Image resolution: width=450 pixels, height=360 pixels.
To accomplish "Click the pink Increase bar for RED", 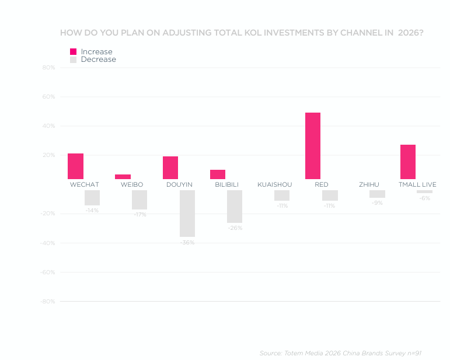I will click(313, 146).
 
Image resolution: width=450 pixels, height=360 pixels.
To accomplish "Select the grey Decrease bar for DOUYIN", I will click(187, 213).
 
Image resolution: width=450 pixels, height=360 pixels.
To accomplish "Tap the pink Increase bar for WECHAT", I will click(75, 166).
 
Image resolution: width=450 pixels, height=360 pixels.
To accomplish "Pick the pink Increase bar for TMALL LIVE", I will click(408, 162).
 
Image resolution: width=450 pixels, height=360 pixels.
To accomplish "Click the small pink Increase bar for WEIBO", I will click(123, 177).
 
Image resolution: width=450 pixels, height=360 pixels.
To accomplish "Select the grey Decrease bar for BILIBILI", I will click(235, 207).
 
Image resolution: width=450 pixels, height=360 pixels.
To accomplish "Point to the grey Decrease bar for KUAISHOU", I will click(282, 195).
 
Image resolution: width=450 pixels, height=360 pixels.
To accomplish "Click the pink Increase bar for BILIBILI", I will click(218, 174).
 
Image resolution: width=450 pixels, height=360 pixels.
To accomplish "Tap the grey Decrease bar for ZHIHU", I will click(377, 194).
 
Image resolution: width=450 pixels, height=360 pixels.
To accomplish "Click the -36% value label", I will click(187, 242).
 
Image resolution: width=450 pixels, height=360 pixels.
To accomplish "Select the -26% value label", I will click(235, 228).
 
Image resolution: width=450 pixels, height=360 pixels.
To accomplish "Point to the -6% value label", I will click(424, 198).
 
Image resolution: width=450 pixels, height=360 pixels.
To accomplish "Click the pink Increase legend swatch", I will click(74, 51).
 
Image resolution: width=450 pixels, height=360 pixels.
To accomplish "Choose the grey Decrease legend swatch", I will click(74, 60).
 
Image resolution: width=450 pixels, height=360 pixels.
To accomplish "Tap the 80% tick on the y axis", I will click(48, 68).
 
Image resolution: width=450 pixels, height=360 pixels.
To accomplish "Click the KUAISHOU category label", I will click(274, 184).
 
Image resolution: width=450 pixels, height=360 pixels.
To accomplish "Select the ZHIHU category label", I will click(369, 184).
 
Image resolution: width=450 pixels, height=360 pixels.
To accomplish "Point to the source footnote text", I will click(340, 353).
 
